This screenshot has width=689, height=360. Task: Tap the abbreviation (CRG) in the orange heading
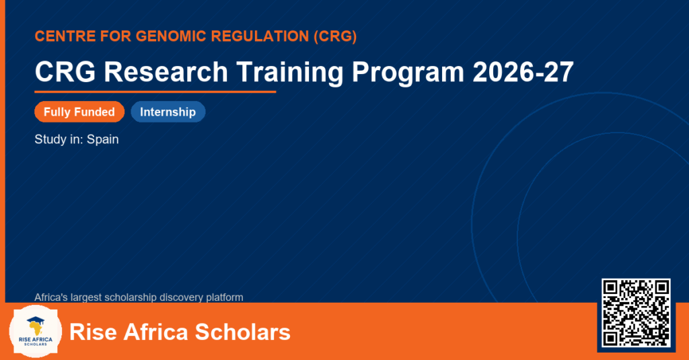tap(335, 36)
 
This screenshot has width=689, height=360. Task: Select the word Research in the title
tap(166, 71)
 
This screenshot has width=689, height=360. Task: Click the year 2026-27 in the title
tap(523, 71)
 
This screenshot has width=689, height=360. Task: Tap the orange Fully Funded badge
tap(79, 112)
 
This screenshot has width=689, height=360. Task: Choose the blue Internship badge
tap(168, 112)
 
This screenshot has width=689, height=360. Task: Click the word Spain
tap(103, 140)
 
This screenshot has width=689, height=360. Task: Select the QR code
tap(636, 312)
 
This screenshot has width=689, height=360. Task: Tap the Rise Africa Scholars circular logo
tap(36, 332)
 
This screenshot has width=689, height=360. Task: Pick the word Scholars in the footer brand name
tap(242, 332)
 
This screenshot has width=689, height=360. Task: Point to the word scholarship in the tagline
tap(131, 297)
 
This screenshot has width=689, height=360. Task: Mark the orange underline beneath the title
tap(155, 92)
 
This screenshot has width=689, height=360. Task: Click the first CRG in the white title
tap(65, 71)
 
